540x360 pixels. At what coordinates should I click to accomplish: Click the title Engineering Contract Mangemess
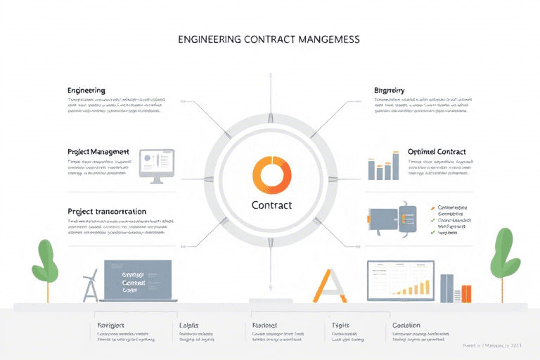tap(270, 40)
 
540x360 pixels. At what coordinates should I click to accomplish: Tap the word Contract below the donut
tap(271, 205)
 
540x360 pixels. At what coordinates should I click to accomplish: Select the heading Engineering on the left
tap(86, 91)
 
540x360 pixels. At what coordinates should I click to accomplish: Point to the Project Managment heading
tap(98, 151)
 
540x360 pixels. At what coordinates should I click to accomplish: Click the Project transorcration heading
tap(107, 211)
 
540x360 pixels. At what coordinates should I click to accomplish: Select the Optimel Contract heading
tap(437, 151)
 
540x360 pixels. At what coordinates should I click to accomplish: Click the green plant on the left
tap(45, 260)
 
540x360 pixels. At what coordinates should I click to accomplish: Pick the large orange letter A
tap(330, 285)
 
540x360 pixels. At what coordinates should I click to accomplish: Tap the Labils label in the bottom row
tap(189, 326)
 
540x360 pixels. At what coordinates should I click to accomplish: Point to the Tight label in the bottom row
tap(340, 326)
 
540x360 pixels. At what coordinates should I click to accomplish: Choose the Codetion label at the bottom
tap(406, 326)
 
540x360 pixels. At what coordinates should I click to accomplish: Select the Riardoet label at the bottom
tap(265, 326)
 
